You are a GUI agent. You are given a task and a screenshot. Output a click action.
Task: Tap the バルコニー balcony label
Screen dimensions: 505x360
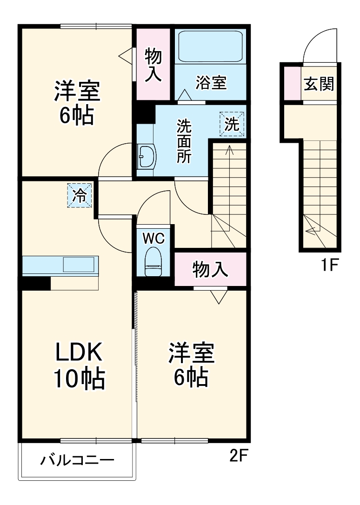click(x=77, y=461)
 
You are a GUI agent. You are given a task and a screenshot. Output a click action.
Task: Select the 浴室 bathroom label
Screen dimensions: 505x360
click(x=211, y=83)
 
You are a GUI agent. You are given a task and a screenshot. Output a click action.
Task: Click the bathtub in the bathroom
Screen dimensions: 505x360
click(x=211, y=47)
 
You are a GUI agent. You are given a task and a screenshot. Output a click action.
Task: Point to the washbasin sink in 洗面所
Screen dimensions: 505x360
click(x=147, y=156)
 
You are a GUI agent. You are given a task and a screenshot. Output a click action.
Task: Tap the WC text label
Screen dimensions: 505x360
click(x=153, y=238)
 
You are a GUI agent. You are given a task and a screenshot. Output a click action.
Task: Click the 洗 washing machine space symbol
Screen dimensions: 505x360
click(x=231, y=124)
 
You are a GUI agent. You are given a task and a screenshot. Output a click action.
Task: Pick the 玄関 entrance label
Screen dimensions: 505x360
click(x=319, y=84)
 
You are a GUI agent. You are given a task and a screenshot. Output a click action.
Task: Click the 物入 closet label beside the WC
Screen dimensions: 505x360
click(x=210, y=269)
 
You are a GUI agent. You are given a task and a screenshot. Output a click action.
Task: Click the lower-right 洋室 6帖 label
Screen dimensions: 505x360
click(x=191, y=365)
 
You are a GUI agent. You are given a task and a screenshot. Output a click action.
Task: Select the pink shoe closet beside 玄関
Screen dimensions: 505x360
click(x=292, y=84)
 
